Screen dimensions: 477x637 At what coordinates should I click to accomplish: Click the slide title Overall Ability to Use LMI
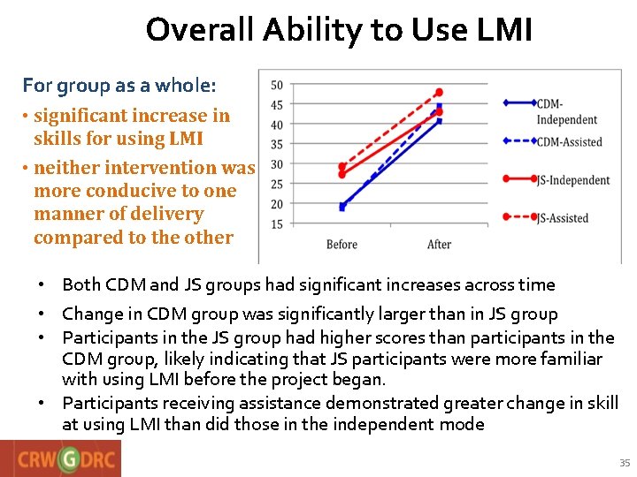(339, 31)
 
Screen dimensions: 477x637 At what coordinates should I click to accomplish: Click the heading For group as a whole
(119, 86)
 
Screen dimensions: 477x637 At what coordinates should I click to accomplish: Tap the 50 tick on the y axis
(276, 86)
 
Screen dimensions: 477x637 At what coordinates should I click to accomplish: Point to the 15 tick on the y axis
(276, 224)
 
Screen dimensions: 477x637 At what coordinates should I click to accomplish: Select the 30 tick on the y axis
(276, 164)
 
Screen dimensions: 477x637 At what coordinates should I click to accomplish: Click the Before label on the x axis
(342, 245)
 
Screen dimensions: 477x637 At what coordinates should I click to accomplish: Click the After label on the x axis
(439, 245)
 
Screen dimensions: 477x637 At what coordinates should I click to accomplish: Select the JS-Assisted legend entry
(562, 218)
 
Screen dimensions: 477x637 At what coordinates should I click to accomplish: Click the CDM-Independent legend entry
(566, 111)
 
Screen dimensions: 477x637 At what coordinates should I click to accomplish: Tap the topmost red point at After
(439, 92)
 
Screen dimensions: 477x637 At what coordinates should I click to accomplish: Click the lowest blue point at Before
(342, 208)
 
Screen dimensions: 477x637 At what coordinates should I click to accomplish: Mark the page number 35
(625, 463)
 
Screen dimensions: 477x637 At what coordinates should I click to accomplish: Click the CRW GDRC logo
(60, 458)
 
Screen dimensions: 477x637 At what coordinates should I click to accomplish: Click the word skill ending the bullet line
(600, 403)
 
